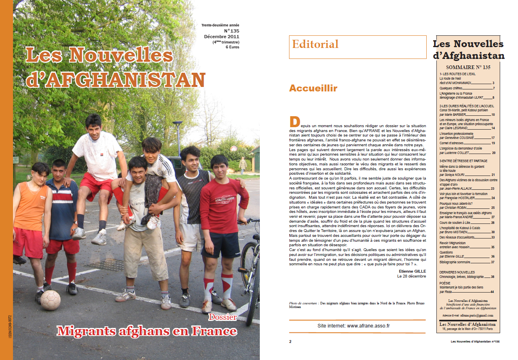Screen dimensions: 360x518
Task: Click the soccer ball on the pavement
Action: click(50, 300)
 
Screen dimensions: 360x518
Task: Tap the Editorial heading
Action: click(315, 44)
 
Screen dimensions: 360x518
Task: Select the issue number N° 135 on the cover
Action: click(231, 30)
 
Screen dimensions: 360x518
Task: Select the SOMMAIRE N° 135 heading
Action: click(468, 67)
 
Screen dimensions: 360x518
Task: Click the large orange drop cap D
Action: click(294, 121)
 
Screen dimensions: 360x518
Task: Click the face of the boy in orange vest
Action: click(41, 174)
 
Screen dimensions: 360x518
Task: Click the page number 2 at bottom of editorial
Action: click(290, 341)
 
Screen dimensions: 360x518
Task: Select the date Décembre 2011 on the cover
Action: click(222, 37)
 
